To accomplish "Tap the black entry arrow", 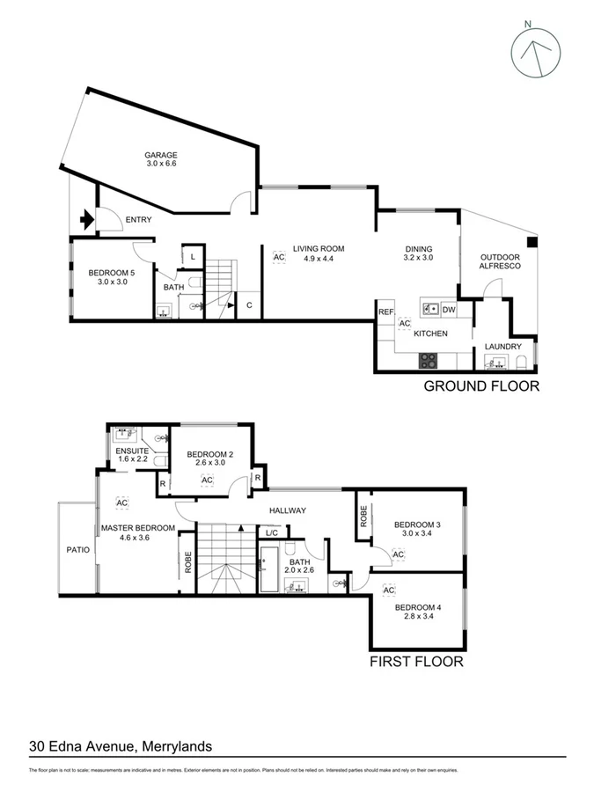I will click(87, 220).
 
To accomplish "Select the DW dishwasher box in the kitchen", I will click(448, 310).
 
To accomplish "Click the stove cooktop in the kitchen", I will click(428, 359).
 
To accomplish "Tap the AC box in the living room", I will click(279, 257).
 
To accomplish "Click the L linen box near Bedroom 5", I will click(193, 256).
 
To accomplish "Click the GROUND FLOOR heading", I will click(481, 385).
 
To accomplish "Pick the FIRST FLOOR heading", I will click(416, 661).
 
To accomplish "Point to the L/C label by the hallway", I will click(271, 533).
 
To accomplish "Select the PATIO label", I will click(77, 549).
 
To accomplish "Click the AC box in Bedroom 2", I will click(208, 480).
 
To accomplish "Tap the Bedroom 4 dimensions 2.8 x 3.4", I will click(418, 618).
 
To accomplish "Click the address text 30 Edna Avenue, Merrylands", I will click(121, 746).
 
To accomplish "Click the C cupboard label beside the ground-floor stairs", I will click(249, 305).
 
